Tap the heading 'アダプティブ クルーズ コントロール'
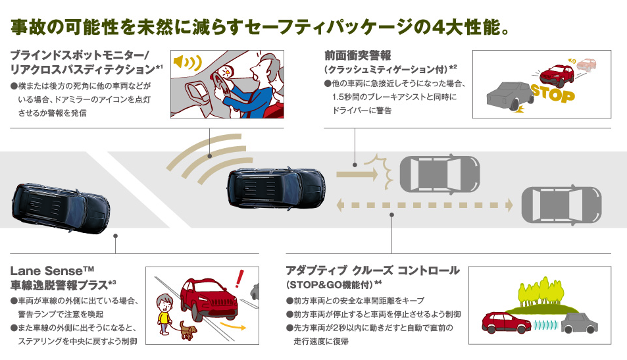(372, 270)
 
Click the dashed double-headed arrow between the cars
(424, 205)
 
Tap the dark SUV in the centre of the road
(276, 186)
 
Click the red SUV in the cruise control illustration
(506, 322)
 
